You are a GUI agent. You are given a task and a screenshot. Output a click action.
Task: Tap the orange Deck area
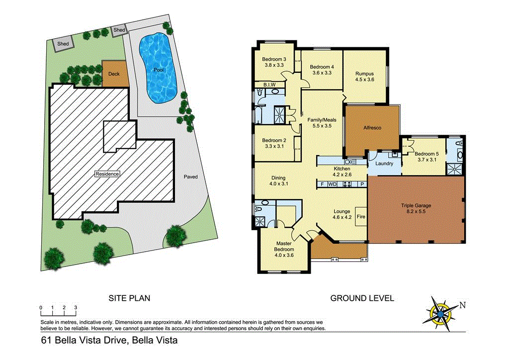click(x=114, y=74)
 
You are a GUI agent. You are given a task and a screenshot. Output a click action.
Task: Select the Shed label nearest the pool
click(x=119, y=30)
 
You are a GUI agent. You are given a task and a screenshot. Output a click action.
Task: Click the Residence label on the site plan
click(x=107, y=174)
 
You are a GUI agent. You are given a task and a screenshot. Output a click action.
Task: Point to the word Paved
click(x=191, y=177)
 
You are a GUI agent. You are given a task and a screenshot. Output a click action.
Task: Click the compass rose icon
click(x=441, y=314)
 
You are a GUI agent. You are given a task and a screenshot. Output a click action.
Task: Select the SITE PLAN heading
click(x=129, y=298)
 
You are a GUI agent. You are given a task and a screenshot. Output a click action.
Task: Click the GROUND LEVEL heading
click(x=362, y=298)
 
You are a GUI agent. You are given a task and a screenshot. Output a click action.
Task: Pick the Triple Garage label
click(x=416, y=205)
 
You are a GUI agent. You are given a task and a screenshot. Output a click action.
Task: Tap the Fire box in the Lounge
click(x=361, y=217)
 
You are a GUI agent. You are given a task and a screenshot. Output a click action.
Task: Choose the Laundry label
click(x=384, y=164)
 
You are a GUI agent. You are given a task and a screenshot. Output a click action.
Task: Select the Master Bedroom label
click(x=285, y=246)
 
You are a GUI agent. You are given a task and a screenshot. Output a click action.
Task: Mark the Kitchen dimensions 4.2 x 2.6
click(x=341, y=175)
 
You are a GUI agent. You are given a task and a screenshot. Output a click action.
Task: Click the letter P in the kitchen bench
click(x=362, y=184)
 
